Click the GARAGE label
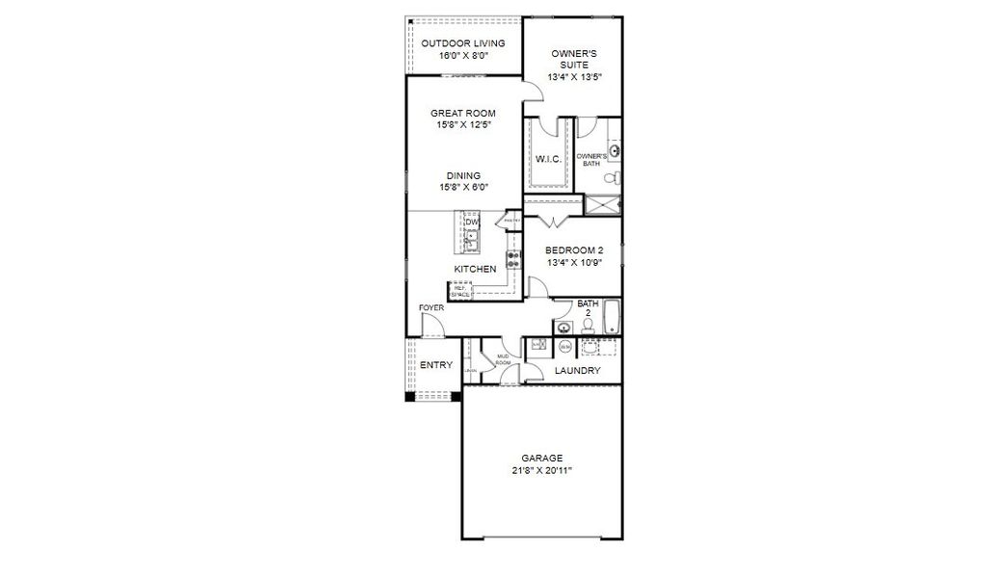click(x=542, y=458)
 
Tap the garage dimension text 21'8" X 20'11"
click(x=542, y=471)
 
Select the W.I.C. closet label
click(x=548, y=159)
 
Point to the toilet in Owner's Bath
click(x=614, y=177)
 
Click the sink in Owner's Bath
click(x=614, y=150)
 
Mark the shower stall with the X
click(x=603, y=204)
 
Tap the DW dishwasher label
click(x=472, y=223)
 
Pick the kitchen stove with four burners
click(x=513, y=258)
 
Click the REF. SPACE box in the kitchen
click(x=460, y=290)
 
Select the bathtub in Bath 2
click(x=610, y=319)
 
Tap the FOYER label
click(x=431, y=307)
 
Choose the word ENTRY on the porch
click(x=436, y=365)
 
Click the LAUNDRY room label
click(x=578, y=371)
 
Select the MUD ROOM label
click(x=503, y=361)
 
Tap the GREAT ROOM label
click(x=463, y=113)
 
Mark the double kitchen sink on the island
click(x=472, y=238)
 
